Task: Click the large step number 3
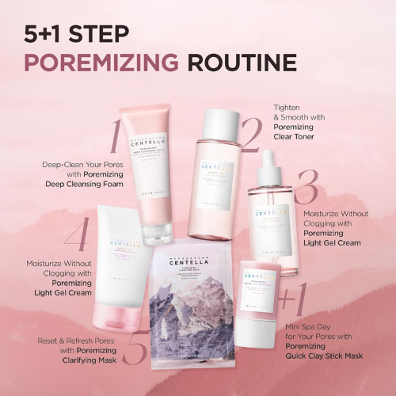(x=306, y=187)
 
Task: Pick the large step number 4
(x=76, y=235)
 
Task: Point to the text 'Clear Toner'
(x=295, y=137)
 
